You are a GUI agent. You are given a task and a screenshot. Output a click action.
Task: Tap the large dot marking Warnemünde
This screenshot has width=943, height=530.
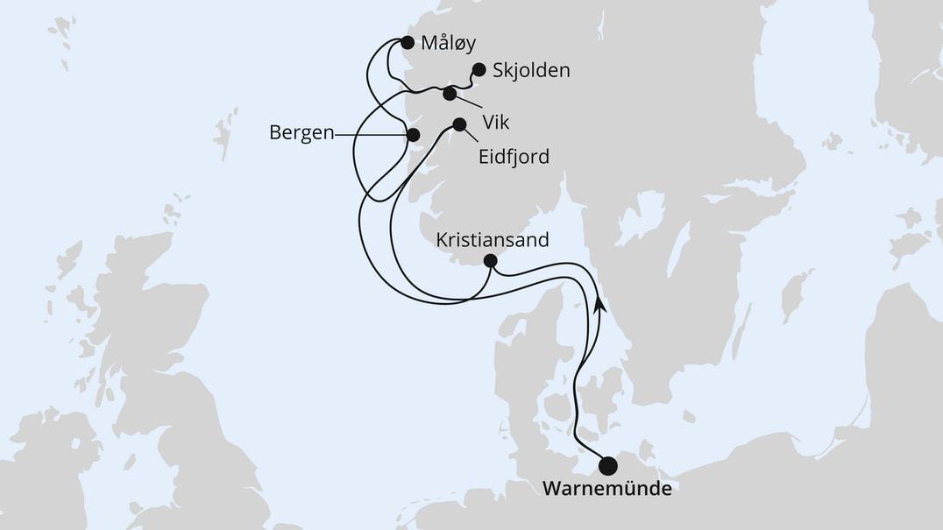click(x=606, y=465)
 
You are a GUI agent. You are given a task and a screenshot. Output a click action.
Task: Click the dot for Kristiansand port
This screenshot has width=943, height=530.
click(x=490, y=260)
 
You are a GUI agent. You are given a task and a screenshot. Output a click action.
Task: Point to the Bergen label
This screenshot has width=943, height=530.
click(x=302, y=134)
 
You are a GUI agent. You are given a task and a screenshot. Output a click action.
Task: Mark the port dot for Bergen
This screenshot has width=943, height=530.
click(x=413, y=134)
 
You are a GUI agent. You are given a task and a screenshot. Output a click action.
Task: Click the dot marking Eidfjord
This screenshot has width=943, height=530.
click(x=459, y=124)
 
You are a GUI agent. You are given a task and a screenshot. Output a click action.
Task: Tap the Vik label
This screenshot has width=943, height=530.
click(x=497, y=122)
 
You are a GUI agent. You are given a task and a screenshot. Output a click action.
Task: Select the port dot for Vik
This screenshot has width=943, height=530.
click(x=450, y=94)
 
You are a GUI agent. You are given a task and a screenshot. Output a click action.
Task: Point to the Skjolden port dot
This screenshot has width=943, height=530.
click(x=479, y=68)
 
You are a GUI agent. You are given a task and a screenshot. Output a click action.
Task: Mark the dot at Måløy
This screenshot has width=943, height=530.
click(x=407, y=41)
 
